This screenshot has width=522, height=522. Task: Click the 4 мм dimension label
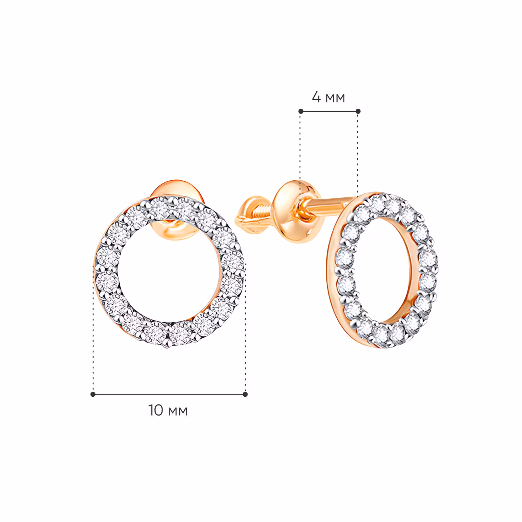328,97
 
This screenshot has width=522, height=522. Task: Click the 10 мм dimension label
168,410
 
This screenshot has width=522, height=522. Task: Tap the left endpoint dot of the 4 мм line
301,111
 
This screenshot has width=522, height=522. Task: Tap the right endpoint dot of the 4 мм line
358,111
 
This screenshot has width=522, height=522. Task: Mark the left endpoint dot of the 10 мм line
93,394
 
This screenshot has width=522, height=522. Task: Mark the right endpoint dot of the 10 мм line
245,394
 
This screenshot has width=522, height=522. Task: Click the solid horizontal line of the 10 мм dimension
169,394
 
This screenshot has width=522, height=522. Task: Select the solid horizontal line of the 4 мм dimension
330,111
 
